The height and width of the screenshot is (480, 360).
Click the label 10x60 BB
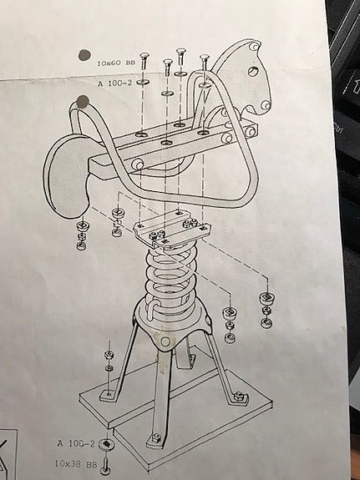click(116, 63)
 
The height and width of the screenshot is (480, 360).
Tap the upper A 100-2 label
click(114, 83)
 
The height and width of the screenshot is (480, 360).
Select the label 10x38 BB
click(76, 464)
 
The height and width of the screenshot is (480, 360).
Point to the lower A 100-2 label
click(76, 443)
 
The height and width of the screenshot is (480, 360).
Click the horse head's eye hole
click(252, 72)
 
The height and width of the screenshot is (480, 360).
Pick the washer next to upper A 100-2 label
click(143, 82)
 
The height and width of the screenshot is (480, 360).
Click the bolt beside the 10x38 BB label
click(106, 466)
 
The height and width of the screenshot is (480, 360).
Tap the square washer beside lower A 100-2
click(106, 444)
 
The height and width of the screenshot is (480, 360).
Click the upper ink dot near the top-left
click(84, 55)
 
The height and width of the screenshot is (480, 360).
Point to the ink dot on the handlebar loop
click(83, 101)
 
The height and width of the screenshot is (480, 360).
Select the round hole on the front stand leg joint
click(165, 341)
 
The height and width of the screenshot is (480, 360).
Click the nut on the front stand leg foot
click(156, 437)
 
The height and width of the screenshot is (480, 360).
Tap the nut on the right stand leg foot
click(239, 397)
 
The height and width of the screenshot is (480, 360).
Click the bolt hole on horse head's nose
click(266, 106)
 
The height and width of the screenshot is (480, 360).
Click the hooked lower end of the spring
click(152, 308)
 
